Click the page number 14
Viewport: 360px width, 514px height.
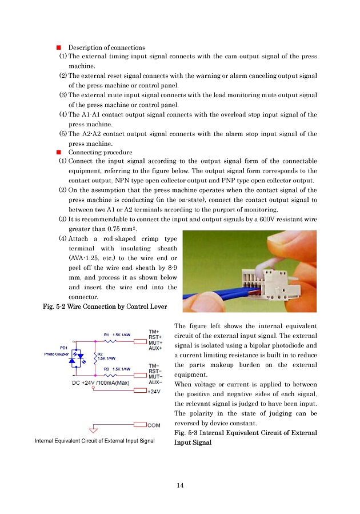click(x=180, y=485)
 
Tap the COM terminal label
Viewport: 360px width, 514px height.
click(x=154, y=425)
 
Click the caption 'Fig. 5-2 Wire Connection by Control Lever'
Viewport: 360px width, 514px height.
click(x=105, y=307)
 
